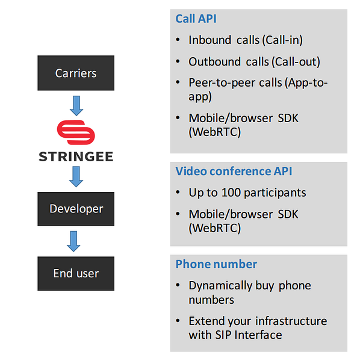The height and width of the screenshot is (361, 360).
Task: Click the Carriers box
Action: (x=75, y=73)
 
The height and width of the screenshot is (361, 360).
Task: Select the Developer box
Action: (x=75, y=209)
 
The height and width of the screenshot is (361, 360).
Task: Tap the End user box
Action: (x=75, y=273)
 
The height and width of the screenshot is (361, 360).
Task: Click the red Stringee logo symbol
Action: (x=76, y=132)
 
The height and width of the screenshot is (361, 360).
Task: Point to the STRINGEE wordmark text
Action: (x=76, y=157)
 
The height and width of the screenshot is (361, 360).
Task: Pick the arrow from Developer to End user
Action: (x=76, y=241)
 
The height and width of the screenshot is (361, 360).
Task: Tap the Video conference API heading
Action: (x=234, y=171)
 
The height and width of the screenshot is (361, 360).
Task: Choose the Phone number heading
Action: (x=216, y=264)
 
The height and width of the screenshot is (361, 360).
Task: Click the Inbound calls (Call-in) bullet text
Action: (x=245, y=40)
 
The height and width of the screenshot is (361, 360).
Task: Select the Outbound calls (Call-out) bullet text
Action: (x=254, y=61)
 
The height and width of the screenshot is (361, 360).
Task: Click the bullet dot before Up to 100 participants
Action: (x=178, y=193)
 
